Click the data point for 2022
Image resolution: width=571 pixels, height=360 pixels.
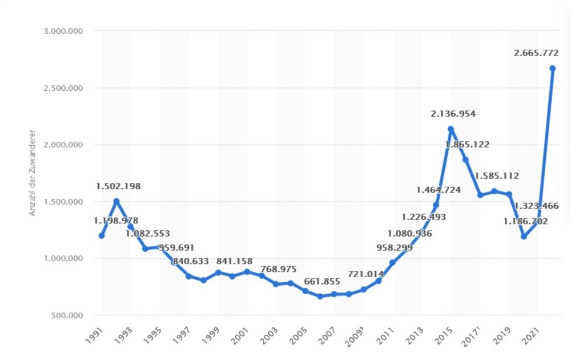coord(552,69)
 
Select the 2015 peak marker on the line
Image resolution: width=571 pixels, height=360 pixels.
coord(451,129)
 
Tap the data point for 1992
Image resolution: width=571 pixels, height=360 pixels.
coord(116,201)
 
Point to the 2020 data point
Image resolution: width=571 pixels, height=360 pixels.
coord(523,237)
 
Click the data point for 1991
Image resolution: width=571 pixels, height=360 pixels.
coord(102,235)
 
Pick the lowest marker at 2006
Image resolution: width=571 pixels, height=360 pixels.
coord(320,297)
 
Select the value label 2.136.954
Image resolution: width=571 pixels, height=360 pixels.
coord(453,114)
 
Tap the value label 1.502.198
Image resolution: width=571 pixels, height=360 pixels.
coord(118,186)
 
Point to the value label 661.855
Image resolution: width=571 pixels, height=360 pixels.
coord(321,281)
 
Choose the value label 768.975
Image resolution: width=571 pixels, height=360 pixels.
coord(278,269)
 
